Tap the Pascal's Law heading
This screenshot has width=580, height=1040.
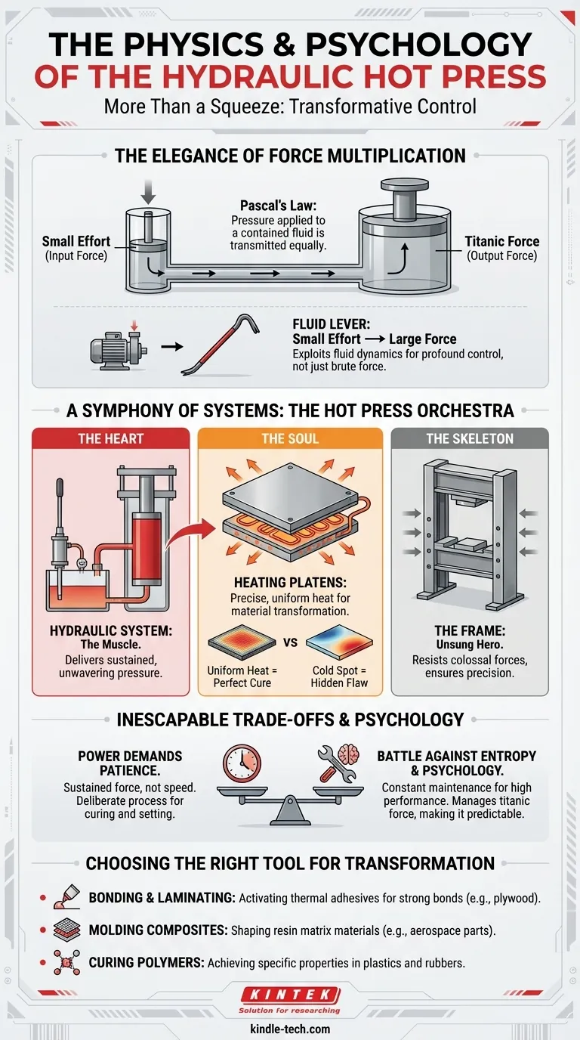pos(278,206)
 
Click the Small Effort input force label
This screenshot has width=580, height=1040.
pos(76,241)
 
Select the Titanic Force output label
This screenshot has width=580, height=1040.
pos(502,241)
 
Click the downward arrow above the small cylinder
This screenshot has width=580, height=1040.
pos(148,192)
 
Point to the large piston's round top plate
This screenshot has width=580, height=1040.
pos(404,184)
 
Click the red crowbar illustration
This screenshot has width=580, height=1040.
pos(221,344)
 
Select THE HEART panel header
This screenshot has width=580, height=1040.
pos(110,438)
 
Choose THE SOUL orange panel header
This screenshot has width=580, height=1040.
pos(290,438)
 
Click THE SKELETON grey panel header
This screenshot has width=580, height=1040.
pos(470,438)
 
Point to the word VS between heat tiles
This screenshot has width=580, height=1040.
pos(290,642)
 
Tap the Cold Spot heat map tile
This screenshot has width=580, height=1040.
pos(339,642)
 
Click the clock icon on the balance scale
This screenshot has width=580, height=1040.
pos(242,763)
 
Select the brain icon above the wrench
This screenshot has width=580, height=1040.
pos(349,754)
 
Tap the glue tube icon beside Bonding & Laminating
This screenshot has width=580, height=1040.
pos(66,896)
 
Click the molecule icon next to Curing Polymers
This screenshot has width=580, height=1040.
pos(66,962)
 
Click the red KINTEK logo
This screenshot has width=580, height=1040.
pos(291,995)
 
